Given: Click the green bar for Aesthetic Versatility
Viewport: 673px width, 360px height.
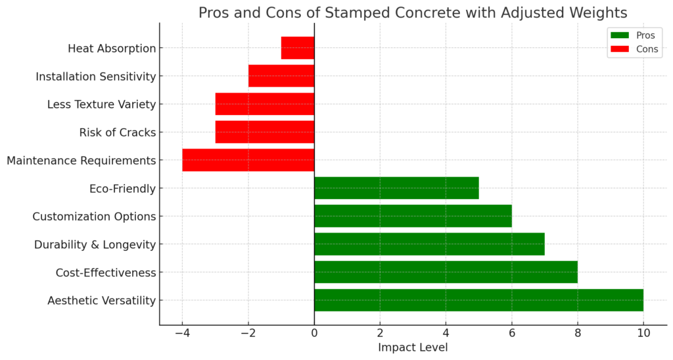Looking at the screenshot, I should pyautogui.click(x=478, y=300).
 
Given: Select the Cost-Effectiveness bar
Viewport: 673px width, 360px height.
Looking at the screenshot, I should pyautogui.click(x=446, y=272).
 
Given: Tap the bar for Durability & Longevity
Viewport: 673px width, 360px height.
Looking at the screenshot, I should pyautogui.click(x=429, y=244).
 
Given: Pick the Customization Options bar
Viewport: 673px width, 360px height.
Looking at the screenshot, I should pyautogui.click(x=413, y=216).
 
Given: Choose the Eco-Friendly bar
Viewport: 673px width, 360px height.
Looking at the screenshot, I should pyautogui.click(x=396, y=188).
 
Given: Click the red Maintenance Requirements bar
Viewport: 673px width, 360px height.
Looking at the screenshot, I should pyautogui.click(x=248, y=160).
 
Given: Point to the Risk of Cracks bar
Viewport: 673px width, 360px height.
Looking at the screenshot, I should pyautogui.click(x=264, y=132).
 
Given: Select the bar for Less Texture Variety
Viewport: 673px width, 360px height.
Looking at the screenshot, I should pyautogui.click(x=264, y=104).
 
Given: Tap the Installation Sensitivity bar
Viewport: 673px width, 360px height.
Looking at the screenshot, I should pyautogui.click(x=281, y=76).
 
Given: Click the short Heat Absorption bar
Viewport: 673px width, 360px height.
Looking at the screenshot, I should pyautogui.click(x=298, y=48).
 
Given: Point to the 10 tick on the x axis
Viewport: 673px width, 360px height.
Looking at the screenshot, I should pyautogui.click(x=643, y=333).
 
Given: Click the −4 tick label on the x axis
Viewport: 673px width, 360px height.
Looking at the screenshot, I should pyautogui.click(x=182, y=333).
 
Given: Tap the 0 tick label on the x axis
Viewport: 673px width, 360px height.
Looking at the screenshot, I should pyautogui.click(x=314, y=333).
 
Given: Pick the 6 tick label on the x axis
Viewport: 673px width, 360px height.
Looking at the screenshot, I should pyautogui.click(x=511, y=333).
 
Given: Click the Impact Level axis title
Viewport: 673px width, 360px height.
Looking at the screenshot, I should pyautogui.click(x=413, y=348).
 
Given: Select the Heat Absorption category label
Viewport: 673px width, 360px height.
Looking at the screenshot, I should pyautogui.click(x=112, y=48).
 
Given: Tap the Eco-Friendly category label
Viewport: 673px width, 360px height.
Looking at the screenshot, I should pyautogui.click(x=122, y=189).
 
